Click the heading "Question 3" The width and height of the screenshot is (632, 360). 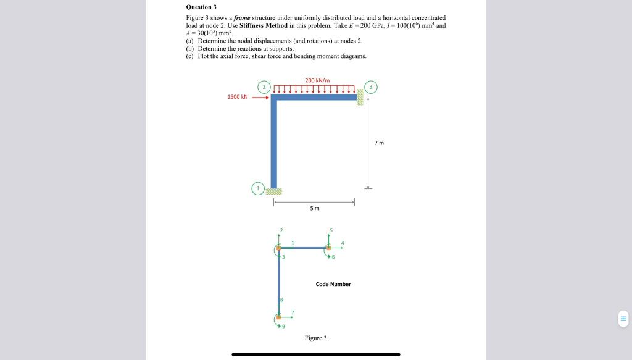point(201,7)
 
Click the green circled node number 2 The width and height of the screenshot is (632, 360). point(264,86)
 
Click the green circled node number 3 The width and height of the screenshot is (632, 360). point(370,86)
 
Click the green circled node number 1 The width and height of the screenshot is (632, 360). point(259,188)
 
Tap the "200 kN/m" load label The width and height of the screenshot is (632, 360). point(317,80)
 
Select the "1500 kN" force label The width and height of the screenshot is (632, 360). point(238,97)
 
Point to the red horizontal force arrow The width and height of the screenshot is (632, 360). point(260,97)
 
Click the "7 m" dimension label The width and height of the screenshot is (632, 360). point(379,143)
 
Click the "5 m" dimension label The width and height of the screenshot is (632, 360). point(315,208)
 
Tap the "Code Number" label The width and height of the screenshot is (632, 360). point(333,284)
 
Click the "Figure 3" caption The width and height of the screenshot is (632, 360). point(315,338)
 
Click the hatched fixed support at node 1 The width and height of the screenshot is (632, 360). point(273,191)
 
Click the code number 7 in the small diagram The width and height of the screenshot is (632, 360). point(293,312)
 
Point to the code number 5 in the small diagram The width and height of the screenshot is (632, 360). point(331,231)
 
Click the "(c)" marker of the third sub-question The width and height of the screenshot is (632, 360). point(190,56)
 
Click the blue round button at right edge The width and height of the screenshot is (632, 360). point(623,319)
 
